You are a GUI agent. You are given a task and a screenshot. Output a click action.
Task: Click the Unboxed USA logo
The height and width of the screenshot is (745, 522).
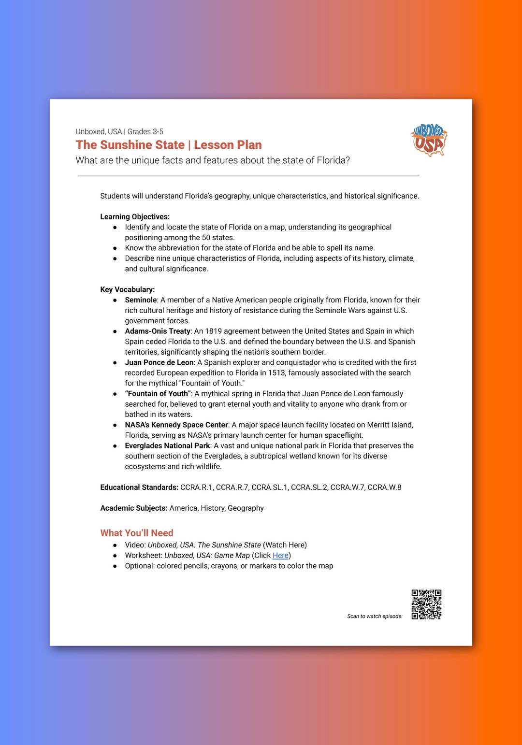(429, 140)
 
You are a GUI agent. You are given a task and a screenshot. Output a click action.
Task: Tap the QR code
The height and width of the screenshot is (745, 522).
(426, 604)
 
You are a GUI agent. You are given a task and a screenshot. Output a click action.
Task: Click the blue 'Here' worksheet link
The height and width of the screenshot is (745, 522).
(280, 556)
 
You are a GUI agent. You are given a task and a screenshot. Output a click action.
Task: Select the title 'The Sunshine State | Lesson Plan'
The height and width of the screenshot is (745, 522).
(169, 145)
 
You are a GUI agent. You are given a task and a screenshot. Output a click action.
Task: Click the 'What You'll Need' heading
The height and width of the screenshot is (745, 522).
(137, 533)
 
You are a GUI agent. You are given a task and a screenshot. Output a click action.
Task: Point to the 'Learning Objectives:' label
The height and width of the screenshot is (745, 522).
(135, 216)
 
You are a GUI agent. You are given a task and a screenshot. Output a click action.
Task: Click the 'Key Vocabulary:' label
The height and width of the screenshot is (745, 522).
(128, 289)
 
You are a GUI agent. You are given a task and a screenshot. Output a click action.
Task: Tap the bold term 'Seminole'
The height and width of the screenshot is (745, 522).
(141, 300)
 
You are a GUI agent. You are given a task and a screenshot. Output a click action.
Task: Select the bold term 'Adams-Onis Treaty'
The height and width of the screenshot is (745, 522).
(158, 331)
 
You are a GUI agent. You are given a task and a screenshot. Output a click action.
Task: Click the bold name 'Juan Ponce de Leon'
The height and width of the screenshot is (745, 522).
(159, 362)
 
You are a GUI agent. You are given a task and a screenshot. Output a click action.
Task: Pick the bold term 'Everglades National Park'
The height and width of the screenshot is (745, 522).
(167, 446)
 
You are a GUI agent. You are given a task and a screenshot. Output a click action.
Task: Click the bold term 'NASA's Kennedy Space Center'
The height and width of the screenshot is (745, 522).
(176, 425)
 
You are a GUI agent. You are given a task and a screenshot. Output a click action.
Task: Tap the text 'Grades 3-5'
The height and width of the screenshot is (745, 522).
(145, 131)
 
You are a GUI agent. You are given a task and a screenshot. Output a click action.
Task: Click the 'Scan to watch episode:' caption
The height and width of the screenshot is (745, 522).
(375, 616)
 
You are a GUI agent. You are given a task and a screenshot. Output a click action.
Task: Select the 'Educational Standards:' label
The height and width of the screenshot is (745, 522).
(139, 487)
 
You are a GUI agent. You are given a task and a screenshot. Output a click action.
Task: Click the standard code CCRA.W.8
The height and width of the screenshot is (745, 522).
(384, 487)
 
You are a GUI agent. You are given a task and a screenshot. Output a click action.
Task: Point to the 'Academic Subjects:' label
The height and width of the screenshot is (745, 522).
(134, 508)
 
